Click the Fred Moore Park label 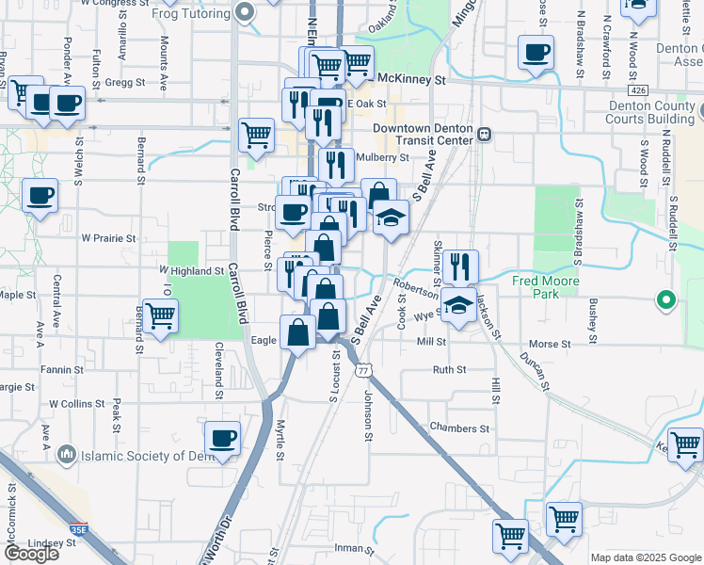(546, 287)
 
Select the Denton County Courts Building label (650, 113)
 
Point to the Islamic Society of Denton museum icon (66, 456)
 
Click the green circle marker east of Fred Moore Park (665, 301)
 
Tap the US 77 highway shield (362, 371)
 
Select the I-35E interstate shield (78, 529)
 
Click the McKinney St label (411, 80)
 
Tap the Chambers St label (459, 428)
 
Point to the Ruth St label (449, 370)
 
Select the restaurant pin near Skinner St (460, 266)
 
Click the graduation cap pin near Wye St (458, 306)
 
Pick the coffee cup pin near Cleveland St (222, 438)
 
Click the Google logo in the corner (30, 554)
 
